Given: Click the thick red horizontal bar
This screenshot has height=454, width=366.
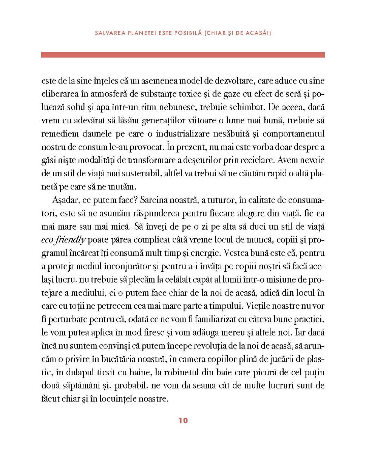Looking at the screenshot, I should pos(183,55).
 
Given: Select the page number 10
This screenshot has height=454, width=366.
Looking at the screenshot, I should pos(183,421).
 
